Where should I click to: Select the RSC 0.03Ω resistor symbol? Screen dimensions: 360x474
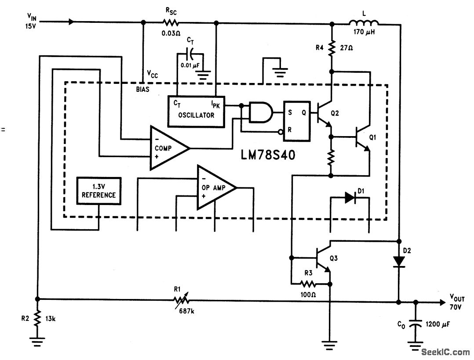pyautogui.click(x=171, y=23)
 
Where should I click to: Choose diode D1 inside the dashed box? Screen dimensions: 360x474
pyautogui.click(x=350, y=198)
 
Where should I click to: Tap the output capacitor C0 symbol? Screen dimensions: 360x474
pyautogui.click(x=414, y=325)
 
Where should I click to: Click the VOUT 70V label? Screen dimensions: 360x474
pyautogui.click(x=457, y=302)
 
